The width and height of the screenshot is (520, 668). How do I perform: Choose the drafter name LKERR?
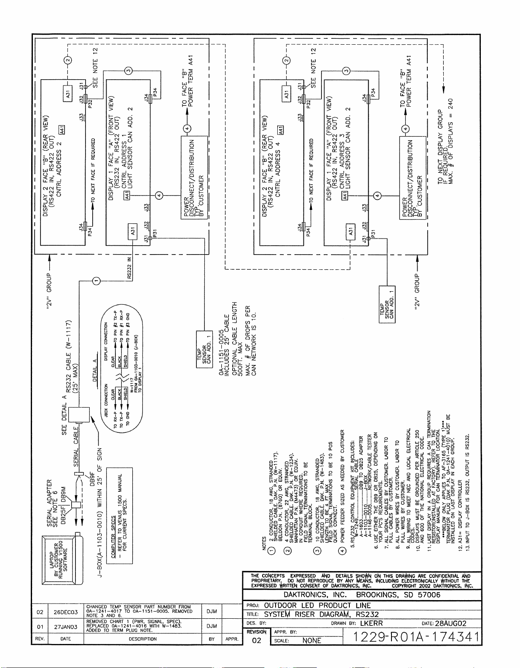pyautogui.click(x=372, y=623)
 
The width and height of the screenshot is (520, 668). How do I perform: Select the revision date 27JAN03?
pyautogui.click(x=65, y=627)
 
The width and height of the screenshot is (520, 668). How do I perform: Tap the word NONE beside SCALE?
pyautogui.click(x=312, y=641)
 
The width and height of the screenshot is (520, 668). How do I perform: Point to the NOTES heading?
pyautogui.click(x=265, y=543)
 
